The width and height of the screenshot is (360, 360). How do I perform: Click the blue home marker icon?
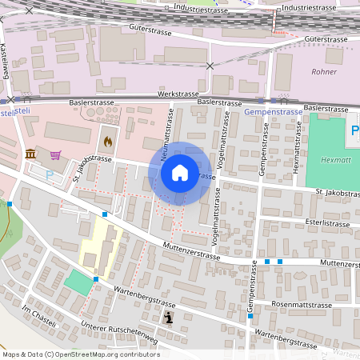[180, 173]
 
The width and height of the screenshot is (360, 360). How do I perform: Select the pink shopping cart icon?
[55, 154]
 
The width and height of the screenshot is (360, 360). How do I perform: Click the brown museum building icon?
[30, 154]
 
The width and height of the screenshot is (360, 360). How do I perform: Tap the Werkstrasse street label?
[178, 94]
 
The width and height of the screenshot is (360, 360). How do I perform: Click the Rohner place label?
[322, 71]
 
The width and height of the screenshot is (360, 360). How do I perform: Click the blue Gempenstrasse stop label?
[274, 113]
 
